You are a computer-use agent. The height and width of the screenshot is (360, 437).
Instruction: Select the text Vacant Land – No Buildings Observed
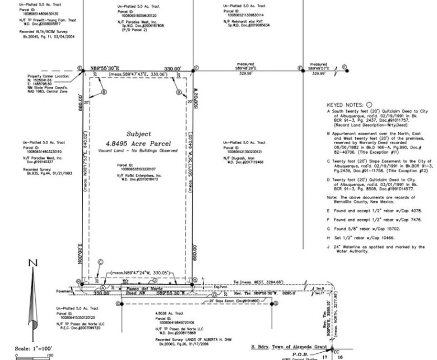137,151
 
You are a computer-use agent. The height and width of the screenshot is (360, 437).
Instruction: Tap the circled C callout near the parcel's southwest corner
100,261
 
